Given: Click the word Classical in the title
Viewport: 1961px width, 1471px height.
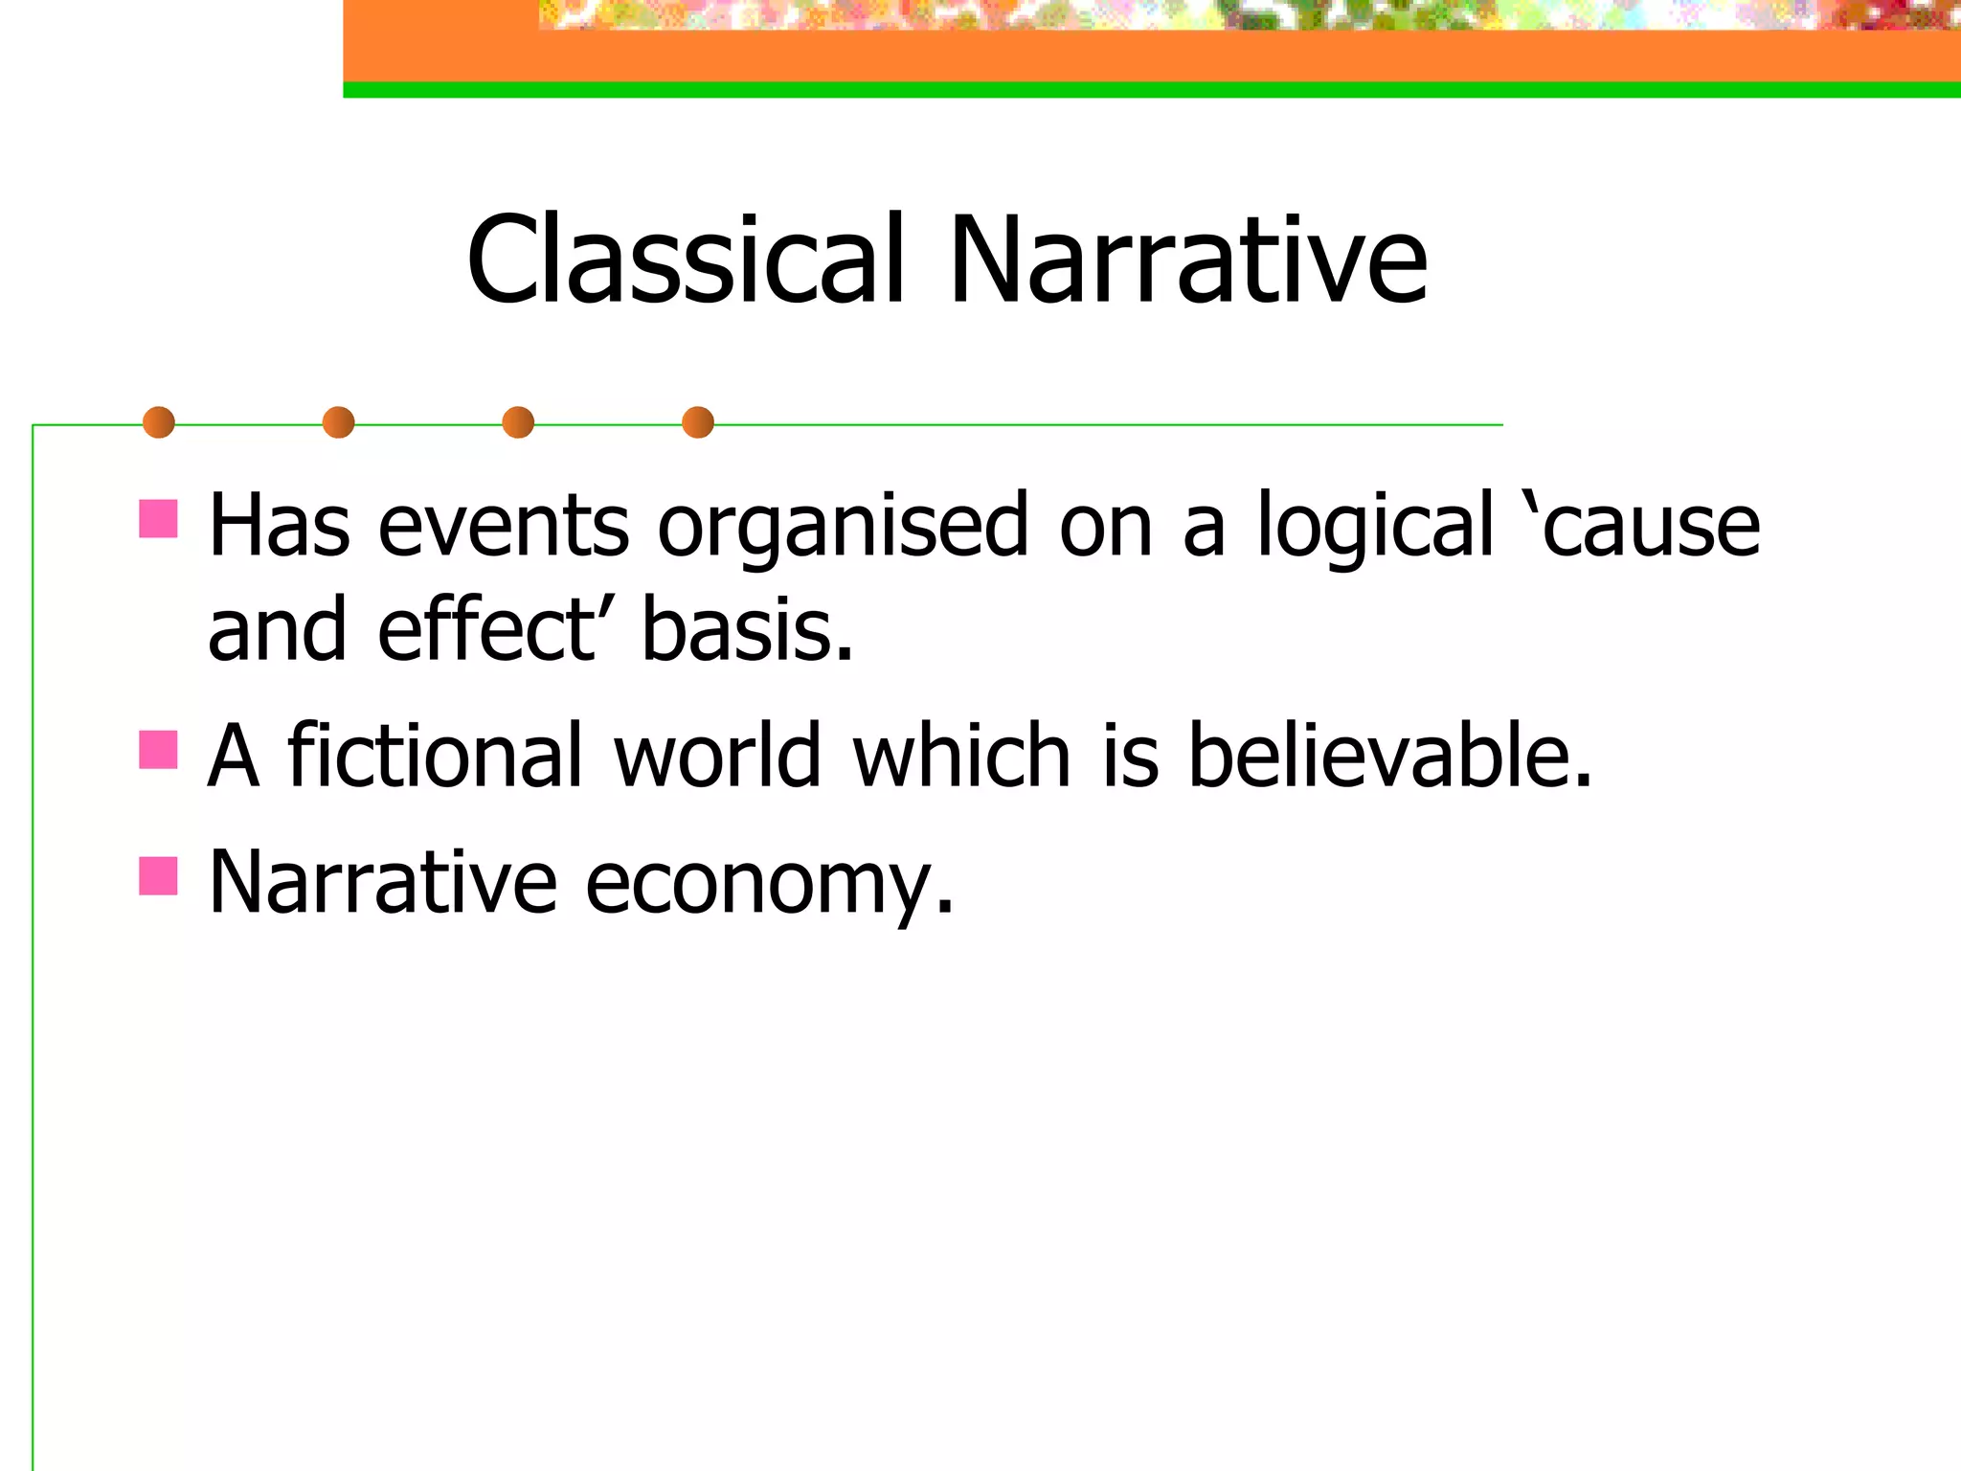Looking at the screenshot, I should tap(685, 260).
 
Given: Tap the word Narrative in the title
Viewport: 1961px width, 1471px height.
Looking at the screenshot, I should tap(1187, 260).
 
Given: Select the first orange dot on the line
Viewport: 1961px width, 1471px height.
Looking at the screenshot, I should tap(159, 422).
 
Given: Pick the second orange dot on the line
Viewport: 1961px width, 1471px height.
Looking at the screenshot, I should tap(338, 422).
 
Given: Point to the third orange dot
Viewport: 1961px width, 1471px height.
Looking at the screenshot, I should tap(518, 422).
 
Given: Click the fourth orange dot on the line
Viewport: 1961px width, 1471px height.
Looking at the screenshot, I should tap(698, 422).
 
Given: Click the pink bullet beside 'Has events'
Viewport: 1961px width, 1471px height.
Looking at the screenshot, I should tap(158, 518).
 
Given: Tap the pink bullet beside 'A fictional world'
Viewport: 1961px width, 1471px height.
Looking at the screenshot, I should tap(158, 750).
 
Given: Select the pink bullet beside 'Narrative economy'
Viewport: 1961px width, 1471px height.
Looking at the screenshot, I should tap(158, 875).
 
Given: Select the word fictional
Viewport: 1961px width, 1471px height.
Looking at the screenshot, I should tap(436, 756).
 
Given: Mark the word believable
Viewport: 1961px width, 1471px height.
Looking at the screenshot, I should tap(1388, 756).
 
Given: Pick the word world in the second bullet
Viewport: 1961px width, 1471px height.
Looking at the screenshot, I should tap(718, 756).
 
